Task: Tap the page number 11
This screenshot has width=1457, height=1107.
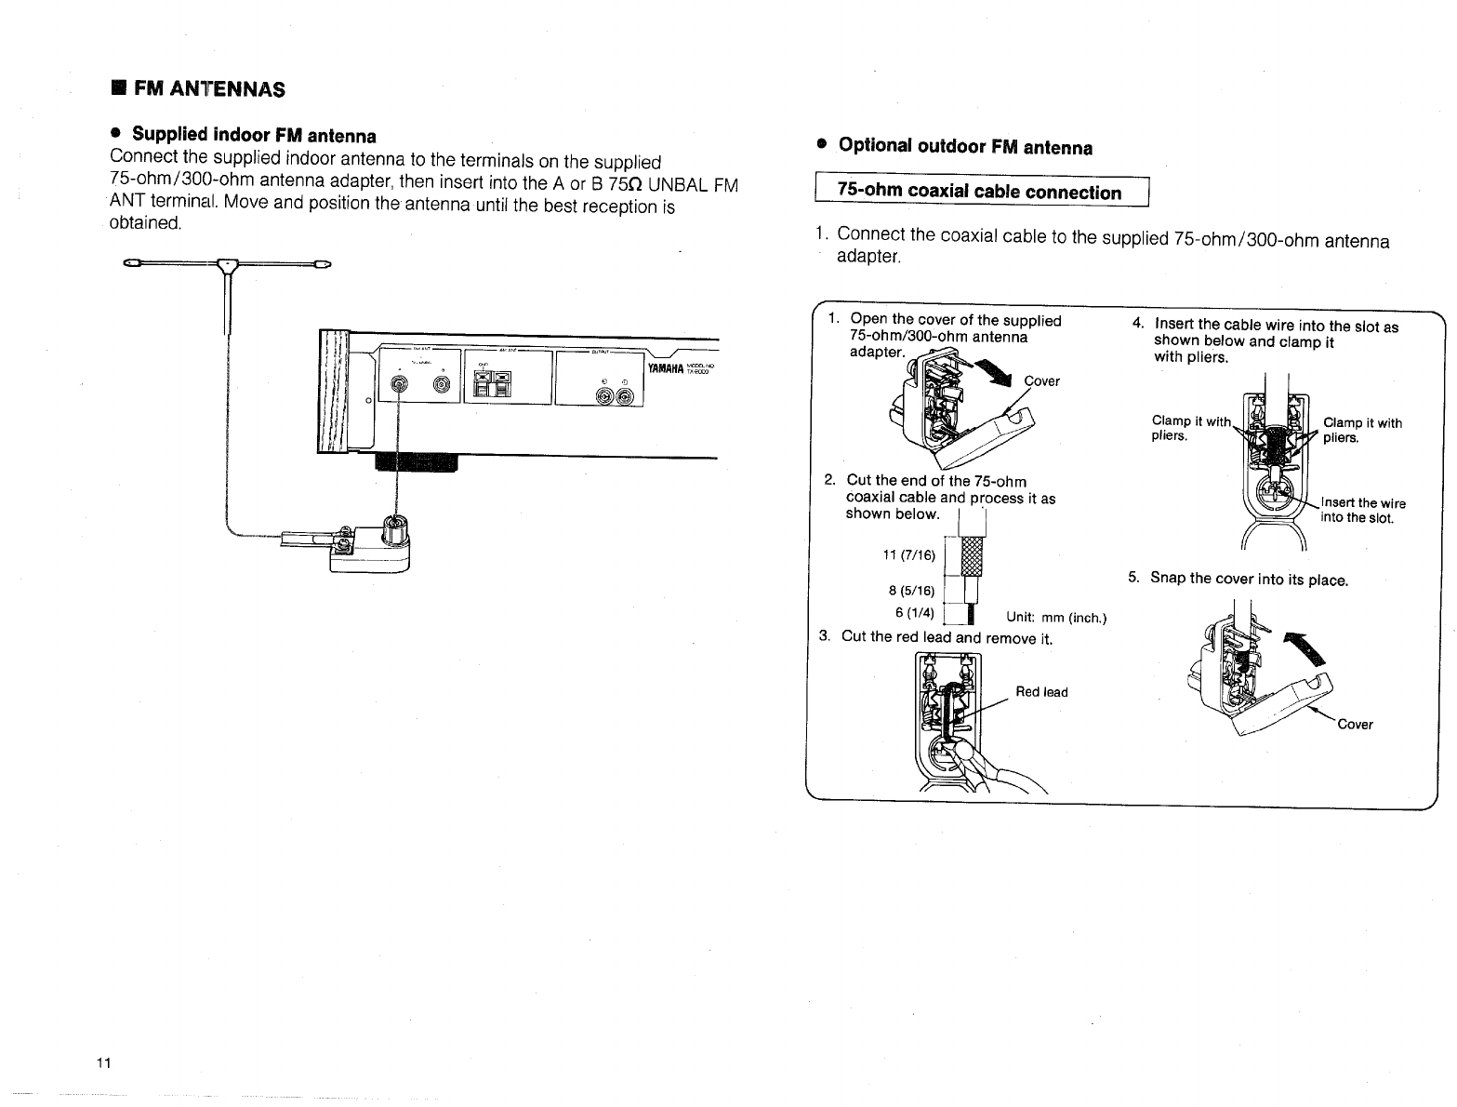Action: pos(103,1063)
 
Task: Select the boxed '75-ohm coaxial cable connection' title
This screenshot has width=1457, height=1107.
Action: pos(980,193)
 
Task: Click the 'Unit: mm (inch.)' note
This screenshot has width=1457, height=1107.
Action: pos(1056,617)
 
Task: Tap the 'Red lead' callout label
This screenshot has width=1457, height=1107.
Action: pos(1041,692)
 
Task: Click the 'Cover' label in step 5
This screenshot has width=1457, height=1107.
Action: pos(1355,725)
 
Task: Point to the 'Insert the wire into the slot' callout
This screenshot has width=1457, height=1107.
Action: pos(1363,511)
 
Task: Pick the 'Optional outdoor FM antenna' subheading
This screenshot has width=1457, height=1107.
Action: pos(965,147)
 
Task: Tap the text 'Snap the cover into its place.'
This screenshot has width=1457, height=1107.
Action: pos(1249,579)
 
